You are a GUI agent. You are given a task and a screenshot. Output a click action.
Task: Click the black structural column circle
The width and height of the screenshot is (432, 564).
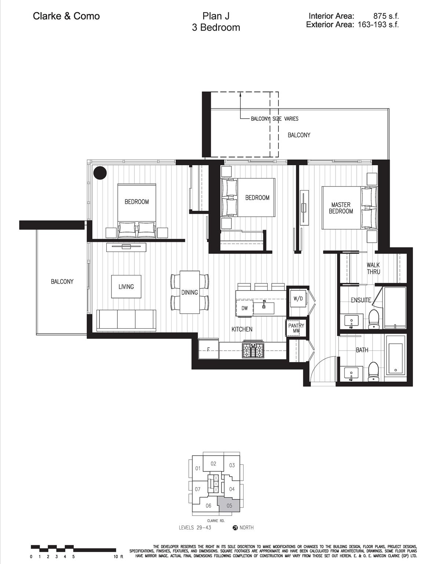[100, 173]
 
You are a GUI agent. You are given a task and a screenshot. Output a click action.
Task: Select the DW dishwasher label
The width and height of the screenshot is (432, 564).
[244, 308]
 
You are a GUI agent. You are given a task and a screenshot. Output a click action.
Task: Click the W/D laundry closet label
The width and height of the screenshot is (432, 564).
[298, 299]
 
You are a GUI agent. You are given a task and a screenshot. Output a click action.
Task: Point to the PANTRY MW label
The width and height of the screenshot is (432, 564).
[296, 328]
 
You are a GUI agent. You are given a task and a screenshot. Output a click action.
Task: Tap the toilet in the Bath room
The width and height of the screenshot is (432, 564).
[374, 372]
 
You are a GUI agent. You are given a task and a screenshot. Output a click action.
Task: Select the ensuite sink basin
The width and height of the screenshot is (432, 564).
[351, 321]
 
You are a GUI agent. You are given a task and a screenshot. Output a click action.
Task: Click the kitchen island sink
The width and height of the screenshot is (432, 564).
[264, 308]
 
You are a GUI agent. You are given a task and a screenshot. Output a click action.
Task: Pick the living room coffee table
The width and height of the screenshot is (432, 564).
[126, 286]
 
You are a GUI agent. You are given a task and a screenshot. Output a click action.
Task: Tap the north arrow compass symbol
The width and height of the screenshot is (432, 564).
[235, 528]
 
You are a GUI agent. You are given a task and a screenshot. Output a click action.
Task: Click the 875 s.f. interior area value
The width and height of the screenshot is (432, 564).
[386, 16]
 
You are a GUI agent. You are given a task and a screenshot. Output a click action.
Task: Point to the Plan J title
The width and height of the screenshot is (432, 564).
[216, 16]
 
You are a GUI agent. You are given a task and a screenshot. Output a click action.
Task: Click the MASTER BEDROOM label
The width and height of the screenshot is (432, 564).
[341, 208]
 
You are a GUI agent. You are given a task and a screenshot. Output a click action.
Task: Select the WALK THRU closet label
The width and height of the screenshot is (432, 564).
[373, 268]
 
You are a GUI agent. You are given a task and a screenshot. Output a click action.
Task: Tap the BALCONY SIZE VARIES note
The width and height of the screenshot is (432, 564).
[274, 119]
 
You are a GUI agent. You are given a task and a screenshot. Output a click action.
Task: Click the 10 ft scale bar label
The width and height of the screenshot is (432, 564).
[118, 557]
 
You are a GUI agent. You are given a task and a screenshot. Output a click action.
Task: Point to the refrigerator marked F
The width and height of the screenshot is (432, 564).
[209, 349]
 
